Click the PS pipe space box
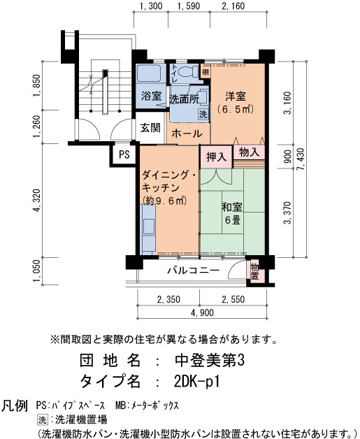pos(124,154)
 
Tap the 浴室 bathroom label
pos(151,96)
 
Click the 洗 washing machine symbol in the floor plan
pos(203,114)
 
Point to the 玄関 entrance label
pos(150,128)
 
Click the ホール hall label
pos(187,134)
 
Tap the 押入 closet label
pos(217,157)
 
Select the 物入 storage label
pos(249,152)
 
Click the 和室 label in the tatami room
pos(232,207)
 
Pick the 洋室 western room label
pos(236,96)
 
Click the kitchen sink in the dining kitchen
pos(149,226)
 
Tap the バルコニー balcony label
pos(193,271)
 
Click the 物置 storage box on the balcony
pos(254,271)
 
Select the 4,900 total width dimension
pos(202,312)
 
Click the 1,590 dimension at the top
pos(189,6)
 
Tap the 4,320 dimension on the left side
pos(36,200)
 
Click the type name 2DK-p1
pos(196,381)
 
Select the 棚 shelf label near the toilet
pos(206,72)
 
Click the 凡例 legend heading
pos(15,406)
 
